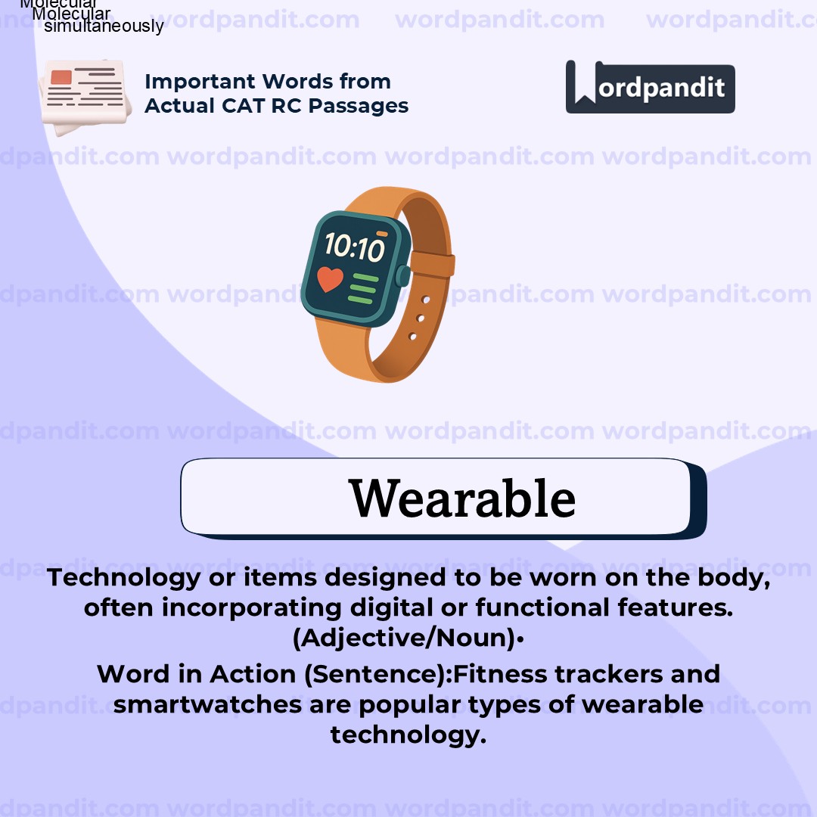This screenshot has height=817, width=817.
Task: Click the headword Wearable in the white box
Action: click(462, 499)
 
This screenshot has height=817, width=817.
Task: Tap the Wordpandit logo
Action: click(650, 87)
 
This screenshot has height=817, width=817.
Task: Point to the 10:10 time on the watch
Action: click(355, 247)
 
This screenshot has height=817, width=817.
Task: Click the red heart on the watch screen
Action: click(331, 278)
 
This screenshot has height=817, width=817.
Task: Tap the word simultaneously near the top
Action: click(104, 26)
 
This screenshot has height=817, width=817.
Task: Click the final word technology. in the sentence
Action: click(408, 735)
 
